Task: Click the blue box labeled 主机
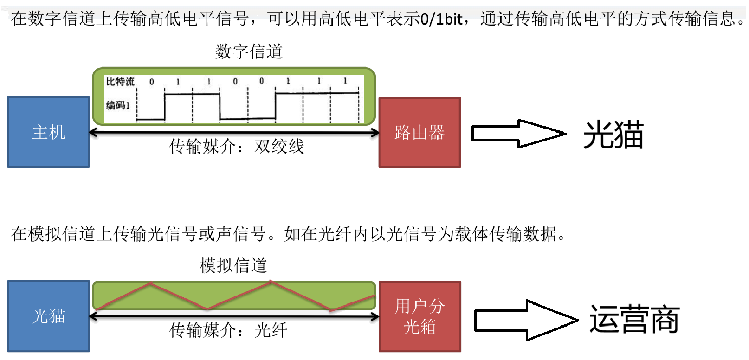coord(48,132)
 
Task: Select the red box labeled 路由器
coord(420,133)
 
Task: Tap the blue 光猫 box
coord(48,316)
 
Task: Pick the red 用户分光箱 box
coord(420,316)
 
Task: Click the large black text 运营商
coord(634,319)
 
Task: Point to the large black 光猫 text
coord(613,135)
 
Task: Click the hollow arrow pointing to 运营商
coord(525,320)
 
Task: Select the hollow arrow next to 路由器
coord(518,134)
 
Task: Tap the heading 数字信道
coord(249,51)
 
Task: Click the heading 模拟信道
coord(233,266)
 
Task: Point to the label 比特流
coord(120,82)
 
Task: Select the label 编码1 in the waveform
coord(118,105)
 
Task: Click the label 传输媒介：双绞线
coord(236,147)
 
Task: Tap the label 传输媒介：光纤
coord(228,330)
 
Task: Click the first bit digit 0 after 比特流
coord(152,82)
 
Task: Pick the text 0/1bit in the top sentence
coord(441,19)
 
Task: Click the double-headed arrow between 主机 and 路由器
coord(234,133)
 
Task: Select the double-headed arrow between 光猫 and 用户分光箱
coord(234,317)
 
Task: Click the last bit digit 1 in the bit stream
coord(345,81)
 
